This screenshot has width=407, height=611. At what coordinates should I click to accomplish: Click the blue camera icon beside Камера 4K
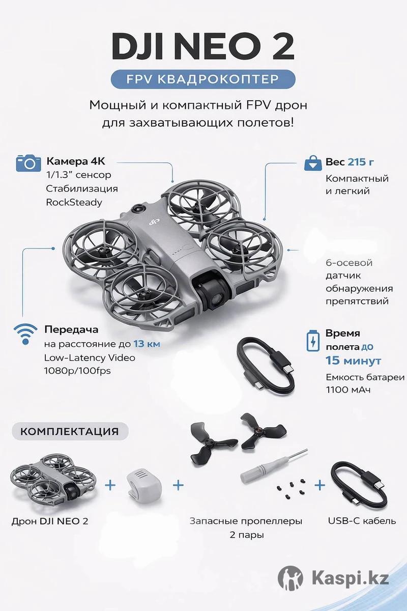(28, 163)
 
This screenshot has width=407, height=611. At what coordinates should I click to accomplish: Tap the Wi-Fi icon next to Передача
(25, 334)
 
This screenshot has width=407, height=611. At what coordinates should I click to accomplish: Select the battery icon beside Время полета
(313, 341)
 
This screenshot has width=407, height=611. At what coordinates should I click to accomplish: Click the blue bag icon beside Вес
(313, 163)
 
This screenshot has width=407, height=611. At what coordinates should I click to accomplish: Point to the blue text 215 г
(361, 162)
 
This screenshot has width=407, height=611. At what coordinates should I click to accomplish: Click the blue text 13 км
(147, 344)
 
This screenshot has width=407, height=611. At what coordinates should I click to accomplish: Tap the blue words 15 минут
(353, 360)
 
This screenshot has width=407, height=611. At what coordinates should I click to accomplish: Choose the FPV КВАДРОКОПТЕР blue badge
(203, 79)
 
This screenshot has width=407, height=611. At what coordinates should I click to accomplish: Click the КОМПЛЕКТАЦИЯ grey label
(70, 431)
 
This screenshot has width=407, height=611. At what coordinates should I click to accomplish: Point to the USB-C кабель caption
(362, 521)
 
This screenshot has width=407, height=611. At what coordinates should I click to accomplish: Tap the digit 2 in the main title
(282, 47)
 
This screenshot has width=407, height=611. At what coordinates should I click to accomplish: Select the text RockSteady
(74, 203)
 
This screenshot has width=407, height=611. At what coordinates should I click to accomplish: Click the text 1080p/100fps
(77, 371)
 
